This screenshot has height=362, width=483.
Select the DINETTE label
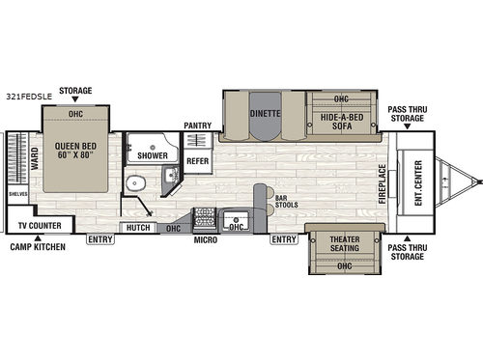tap(265, 113)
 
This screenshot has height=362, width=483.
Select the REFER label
tap(197, 160)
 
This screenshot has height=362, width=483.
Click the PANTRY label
tap(197, 125)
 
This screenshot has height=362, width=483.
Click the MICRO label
tap(203, 239)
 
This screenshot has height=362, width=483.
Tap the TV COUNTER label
tap(40, 226)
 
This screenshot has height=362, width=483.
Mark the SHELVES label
tap(18, 191)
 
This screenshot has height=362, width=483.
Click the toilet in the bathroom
tap(136, 183)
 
